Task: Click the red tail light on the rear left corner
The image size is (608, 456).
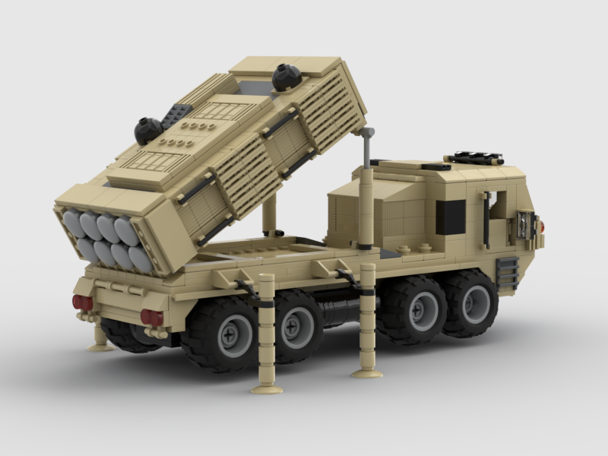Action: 82,302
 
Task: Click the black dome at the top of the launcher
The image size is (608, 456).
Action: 287,77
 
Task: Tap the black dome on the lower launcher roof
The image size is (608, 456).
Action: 148,129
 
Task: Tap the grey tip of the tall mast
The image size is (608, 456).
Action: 368,133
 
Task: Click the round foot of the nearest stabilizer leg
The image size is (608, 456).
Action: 267,388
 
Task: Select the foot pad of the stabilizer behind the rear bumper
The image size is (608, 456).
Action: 100,347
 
